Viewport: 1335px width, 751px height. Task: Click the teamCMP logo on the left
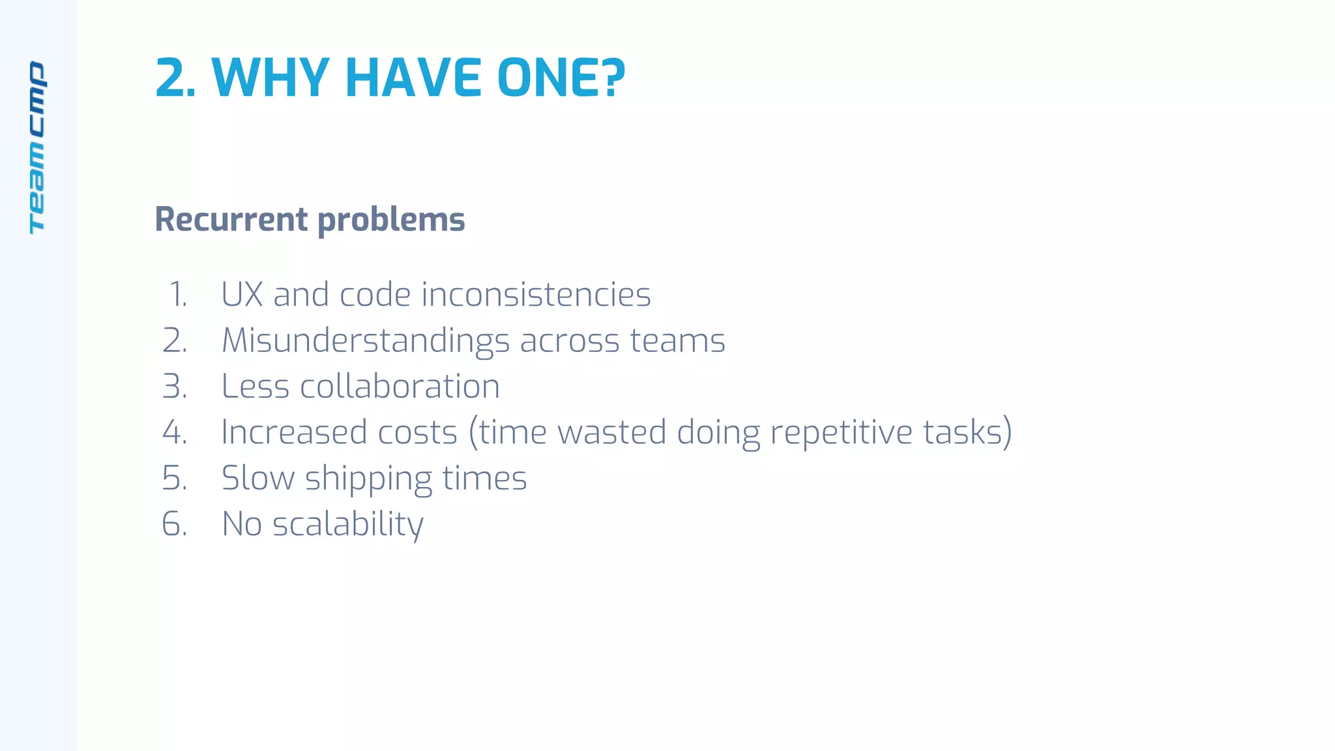(37, 147)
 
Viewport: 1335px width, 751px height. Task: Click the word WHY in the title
(270, 78)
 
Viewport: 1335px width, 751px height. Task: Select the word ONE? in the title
(561, 78)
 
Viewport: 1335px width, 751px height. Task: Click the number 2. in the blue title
(175, 78)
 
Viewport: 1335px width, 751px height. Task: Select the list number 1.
(178, 295)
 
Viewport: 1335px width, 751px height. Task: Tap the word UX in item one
(242, 295)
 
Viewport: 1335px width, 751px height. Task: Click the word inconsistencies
(536, 295)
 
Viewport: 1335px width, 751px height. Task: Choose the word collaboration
(400, 387)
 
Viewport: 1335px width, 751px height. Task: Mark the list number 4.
(175, 432)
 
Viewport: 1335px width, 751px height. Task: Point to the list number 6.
(175, 524)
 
